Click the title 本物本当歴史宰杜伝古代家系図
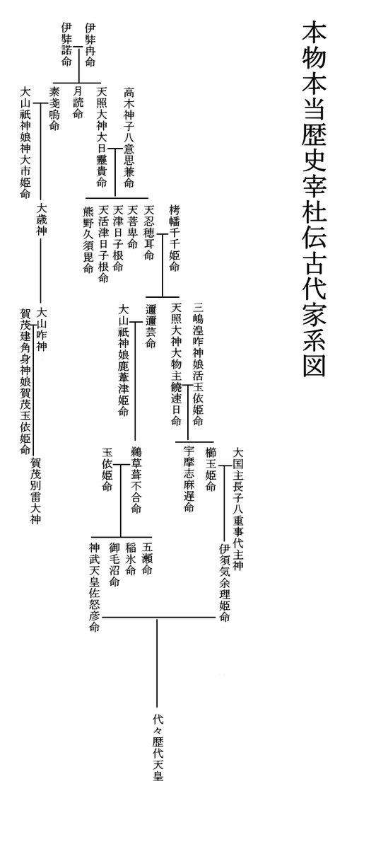[314, 200]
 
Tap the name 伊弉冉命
[90, 45]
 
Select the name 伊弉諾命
[66, 45]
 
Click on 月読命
[78, 103]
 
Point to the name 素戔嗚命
[54, 109]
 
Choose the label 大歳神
[42, 220]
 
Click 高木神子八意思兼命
[129, 138]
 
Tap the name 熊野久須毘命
[88, 240]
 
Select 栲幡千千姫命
[175, 238]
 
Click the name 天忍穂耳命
[148, 233]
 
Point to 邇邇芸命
[151, 327]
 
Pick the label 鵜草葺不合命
[136, 480]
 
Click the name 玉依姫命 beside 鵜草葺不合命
[107, 470]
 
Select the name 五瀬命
[147, 558]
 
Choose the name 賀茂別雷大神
[36, 491]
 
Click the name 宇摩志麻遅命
[189, 480]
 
